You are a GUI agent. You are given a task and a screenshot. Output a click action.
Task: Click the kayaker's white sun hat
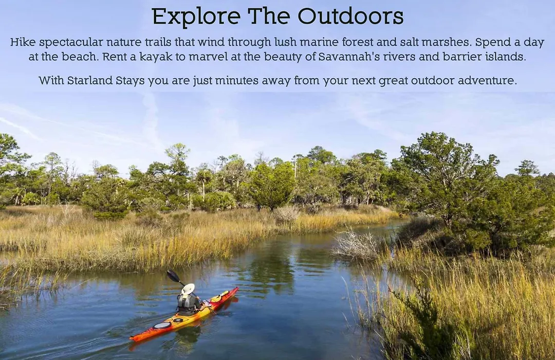point(188,289)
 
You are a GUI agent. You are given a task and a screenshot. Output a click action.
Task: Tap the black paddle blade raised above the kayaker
point(173,276)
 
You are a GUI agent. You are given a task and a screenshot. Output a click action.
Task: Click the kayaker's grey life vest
point(184,302)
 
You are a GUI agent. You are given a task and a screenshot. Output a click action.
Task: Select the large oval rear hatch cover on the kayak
point(162,325)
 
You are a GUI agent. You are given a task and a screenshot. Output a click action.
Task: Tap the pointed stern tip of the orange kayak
point(132,339)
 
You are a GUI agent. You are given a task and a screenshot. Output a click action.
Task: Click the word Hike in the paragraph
point(23,42)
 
